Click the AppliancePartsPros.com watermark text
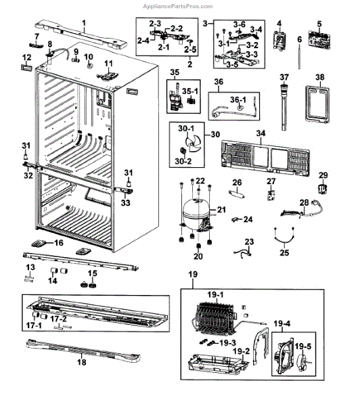coord(178,6)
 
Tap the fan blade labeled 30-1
coord(193,145)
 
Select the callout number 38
coord(320,77)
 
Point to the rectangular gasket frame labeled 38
coord(317,104)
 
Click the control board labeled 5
coord(319,40)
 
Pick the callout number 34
coord(261,133)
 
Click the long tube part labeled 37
coord(284,107)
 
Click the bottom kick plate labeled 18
coord(83,351)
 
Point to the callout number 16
coord(59,243)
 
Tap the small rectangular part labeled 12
coord(27,68)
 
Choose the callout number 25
coord(284,252)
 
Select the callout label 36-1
coord(238,99)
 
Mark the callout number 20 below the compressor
coord(198,256)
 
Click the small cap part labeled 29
coord(323,189)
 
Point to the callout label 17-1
coord(34,325)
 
